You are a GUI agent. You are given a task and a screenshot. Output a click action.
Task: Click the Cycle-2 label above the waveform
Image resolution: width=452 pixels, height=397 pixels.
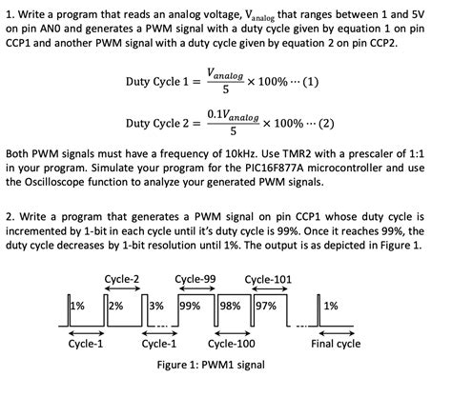tap(122, 279)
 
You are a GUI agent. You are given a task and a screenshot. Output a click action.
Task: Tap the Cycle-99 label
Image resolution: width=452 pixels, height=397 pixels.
tap(195, 279)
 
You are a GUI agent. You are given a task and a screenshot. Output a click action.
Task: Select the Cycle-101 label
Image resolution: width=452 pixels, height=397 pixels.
tap(268, 279)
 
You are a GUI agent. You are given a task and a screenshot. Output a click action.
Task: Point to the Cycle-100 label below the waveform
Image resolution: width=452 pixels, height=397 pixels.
tap(232, 344)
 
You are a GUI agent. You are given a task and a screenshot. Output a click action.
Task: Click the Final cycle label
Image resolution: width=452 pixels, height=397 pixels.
tap(336, 344)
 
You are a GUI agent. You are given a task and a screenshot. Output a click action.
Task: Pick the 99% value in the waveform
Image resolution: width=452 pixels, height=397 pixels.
tap(191, 306)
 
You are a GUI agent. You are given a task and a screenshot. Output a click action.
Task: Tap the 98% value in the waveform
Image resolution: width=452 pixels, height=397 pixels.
tap(231, 306)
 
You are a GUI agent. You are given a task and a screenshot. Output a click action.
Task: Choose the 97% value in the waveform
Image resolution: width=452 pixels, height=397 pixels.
tap(266, 306)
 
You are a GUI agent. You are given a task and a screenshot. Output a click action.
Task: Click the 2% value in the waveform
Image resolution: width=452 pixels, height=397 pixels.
tap(116, 306)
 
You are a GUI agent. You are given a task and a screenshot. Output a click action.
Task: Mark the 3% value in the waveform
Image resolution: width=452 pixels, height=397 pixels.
tap(156, 306)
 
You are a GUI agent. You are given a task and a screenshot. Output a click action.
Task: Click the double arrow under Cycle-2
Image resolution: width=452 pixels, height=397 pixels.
tap(122, 288)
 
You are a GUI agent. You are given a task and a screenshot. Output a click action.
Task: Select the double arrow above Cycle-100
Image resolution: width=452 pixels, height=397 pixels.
tap(233, 333)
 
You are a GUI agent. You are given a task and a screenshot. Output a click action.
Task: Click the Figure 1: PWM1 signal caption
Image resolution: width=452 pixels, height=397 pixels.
tap(211, 365)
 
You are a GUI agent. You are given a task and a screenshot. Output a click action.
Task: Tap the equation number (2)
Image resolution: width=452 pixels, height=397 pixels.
tap(326, 123)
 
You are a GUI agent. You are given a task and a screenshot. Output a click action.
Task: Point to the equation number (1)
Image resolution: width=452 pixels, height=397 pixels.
tap(311, 82)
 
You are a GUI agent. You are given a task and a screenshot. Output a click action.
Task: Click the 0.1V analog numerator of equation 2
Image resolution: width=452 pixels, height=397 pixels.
tap(233, 115)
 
